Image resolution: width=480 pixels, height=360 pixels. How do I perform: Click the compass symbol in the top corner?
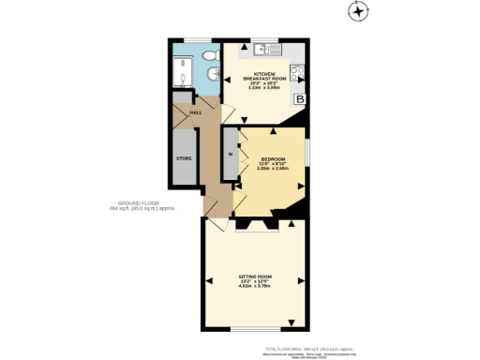pos(357,11)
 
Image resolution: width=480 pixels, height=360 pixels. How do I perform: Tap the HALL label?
pos(196,112)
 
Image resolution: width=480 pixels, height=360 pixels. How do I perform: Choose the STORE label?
pos(184,158)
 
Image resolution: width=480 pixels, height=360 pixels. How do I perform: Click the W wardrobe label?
pos(229,154)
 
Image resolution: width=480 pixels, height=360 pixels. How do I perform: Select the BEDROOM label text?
pos(274,159)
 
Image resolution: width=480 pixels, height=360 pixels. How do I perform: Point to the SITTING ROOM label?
pos(254,276)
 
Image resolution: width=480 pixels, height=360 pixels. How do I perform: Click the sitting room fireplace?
pos(255,226)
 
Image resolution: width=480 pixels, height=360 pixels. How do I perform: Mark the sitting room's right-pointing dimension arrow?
pos(300,280)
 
